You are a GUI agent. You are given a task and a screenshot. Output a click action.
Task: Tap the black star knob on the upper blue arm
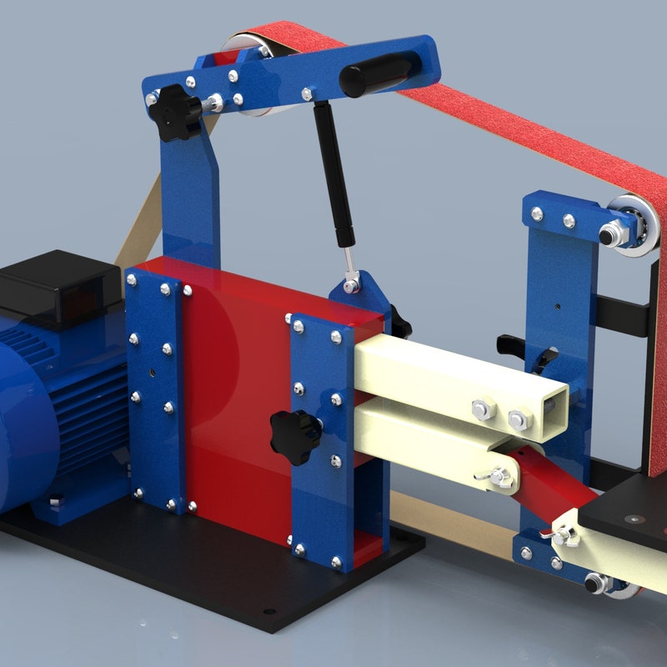pos(178,111)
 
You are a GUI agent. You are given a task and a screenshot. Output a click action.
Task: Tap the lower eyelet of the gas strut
pos(353,284)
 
